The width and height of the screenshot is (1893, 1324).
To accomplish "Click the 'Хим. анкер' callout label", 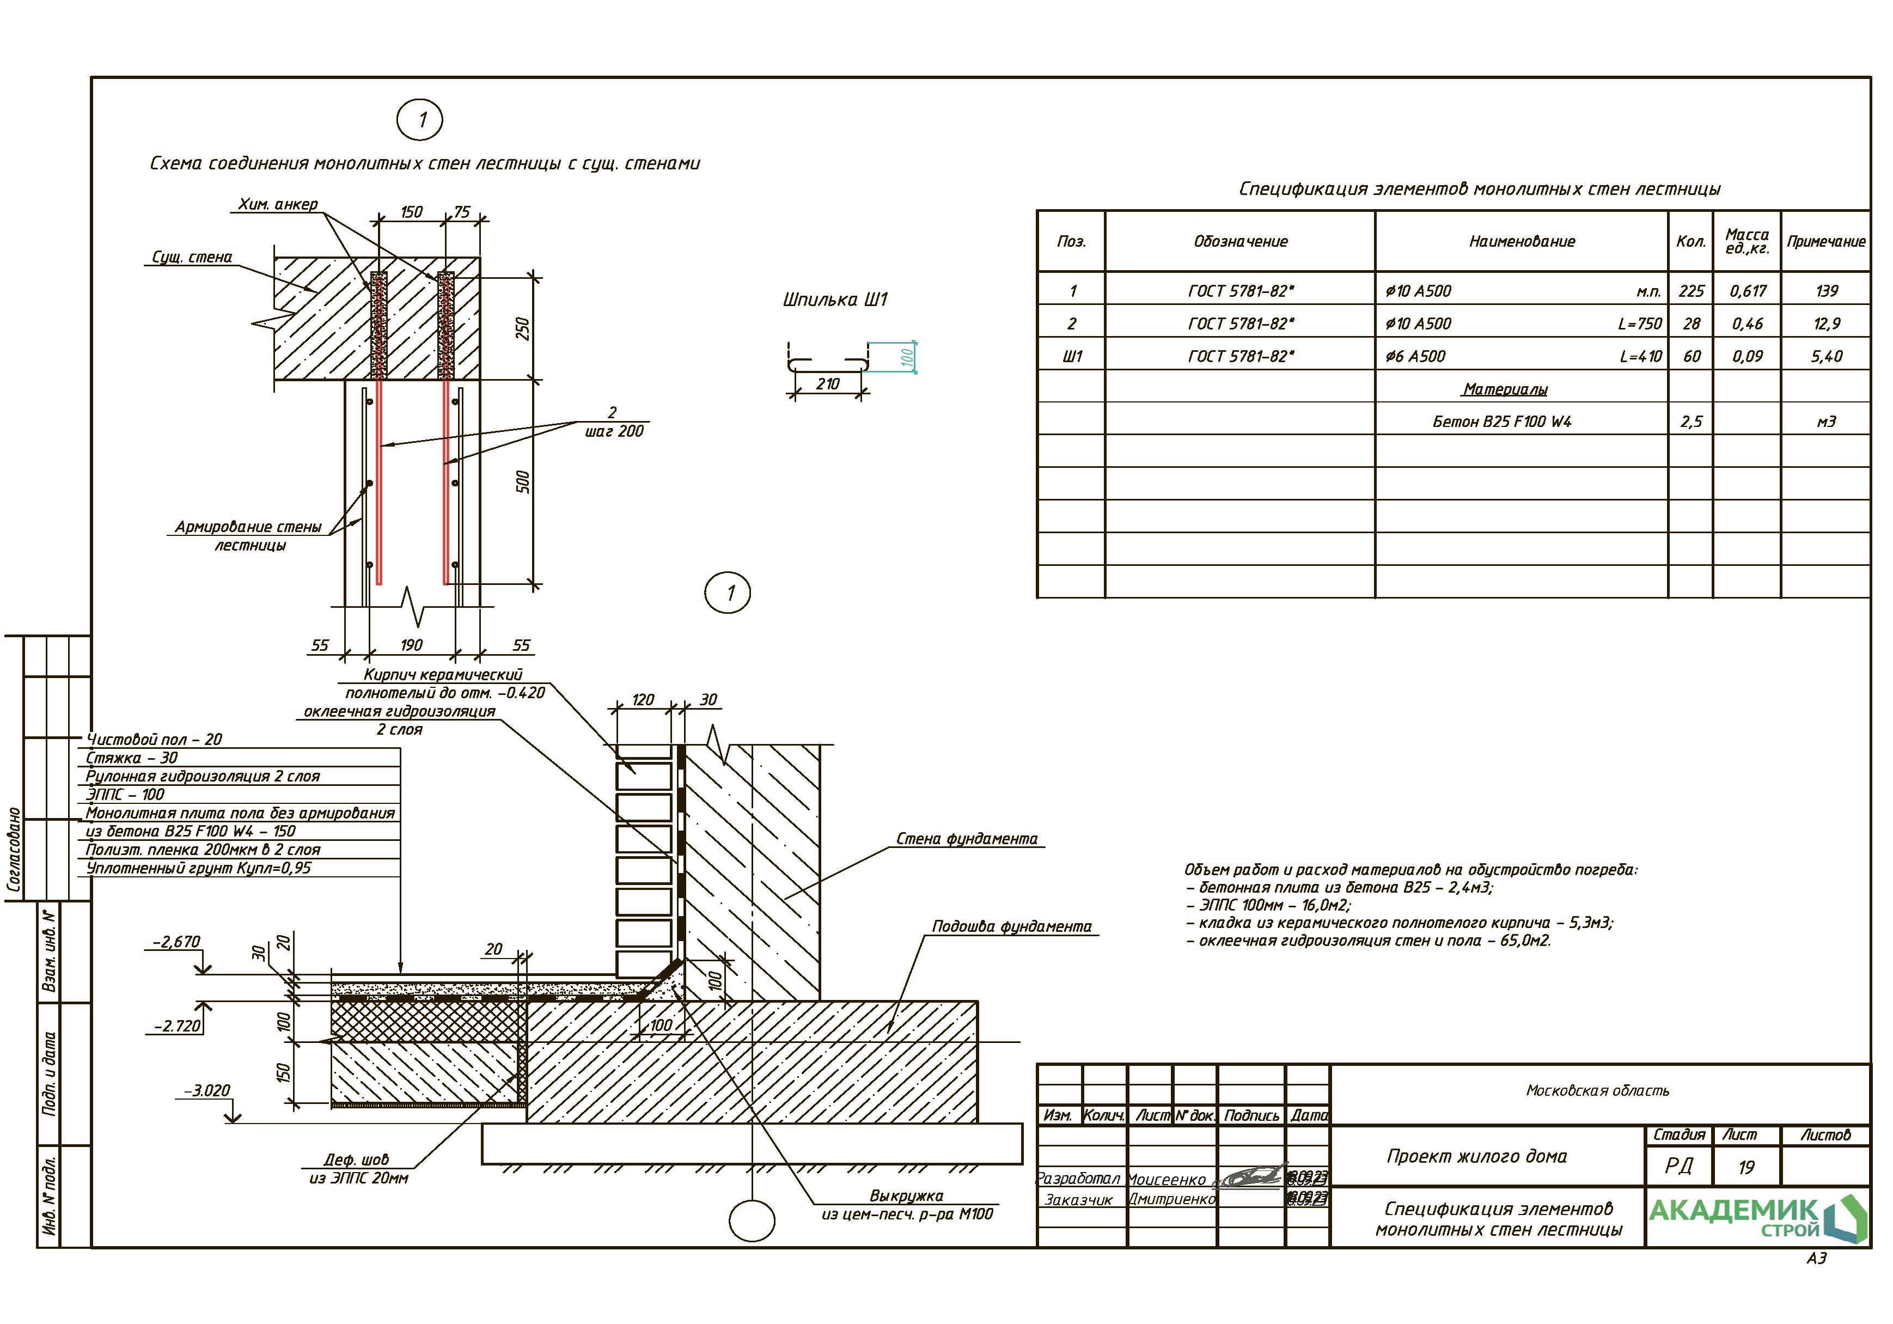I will click(278, 204).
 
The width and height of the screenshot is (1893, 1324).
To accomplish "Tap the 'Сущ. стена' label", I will click(192, 257).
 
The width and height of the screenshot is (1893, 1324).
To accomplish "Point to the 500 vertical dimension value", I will click(522, 483).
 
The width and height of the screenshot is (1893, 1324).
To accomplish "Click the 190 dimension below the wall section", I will click(411, 645).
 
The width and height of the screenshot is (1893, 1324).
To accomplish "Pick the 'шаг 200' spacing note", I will click(614, 431).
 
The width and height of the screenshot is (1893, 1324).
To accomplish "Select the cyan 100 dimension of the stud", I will click(907, 357).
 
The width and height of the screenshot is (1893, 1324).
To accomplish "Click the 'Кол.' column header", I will click(1691, 242).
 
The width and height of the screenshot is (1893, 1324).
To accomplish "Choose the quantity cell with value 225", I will click(1691, 291).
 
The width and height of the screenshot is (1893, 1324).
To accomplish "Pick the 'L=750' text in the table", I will click(1640, 324).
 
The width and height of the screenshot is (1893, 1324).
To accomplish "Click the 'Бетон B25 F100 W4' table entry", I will click(1501, 422).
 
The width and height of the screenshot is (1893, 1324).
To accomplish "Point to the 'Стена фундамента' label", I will click(966, 839).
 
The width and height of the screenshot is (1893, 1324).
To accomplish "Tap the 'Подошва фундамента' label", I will click(1012, 926).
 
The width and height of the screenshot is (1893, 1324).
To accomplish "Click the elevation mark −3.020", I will click(207, 1091).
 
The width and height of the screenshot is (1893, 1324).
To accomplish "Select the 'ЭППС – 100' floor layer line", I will click(125, 795).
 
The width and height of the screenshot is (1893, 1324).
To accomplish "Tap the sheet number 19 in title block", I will click(1747, 1167).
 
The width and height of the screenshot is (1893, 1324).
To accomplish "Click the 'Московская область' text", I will click(1597, 1091).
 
